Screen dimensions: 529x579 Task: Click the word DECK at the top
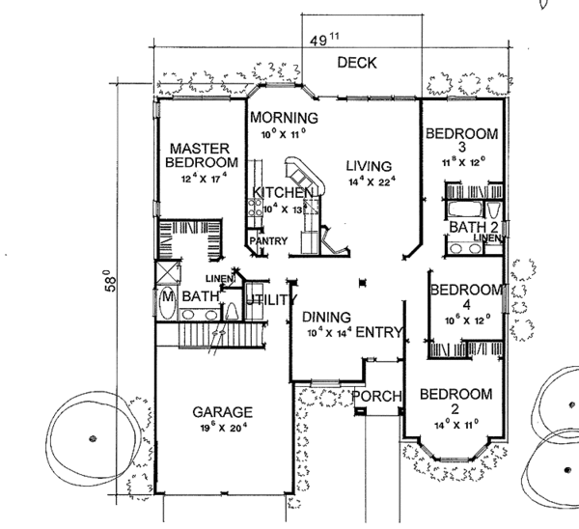click(356, 64)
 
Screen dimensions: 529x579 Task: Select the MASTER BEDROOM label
click(199, 155)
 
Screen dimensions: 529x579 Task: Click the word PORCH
click(374, 397)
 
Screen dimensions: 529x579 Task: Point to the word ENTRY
click(379, 333)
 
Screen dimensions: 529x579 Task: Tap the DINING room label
click(324, 316)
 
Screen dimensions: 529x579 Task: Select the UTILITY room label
click(268, 301)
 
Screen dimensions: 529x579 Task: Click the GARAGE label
click(221, 409)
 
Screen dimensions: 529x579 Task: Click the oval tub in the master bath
click(167, 301)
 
